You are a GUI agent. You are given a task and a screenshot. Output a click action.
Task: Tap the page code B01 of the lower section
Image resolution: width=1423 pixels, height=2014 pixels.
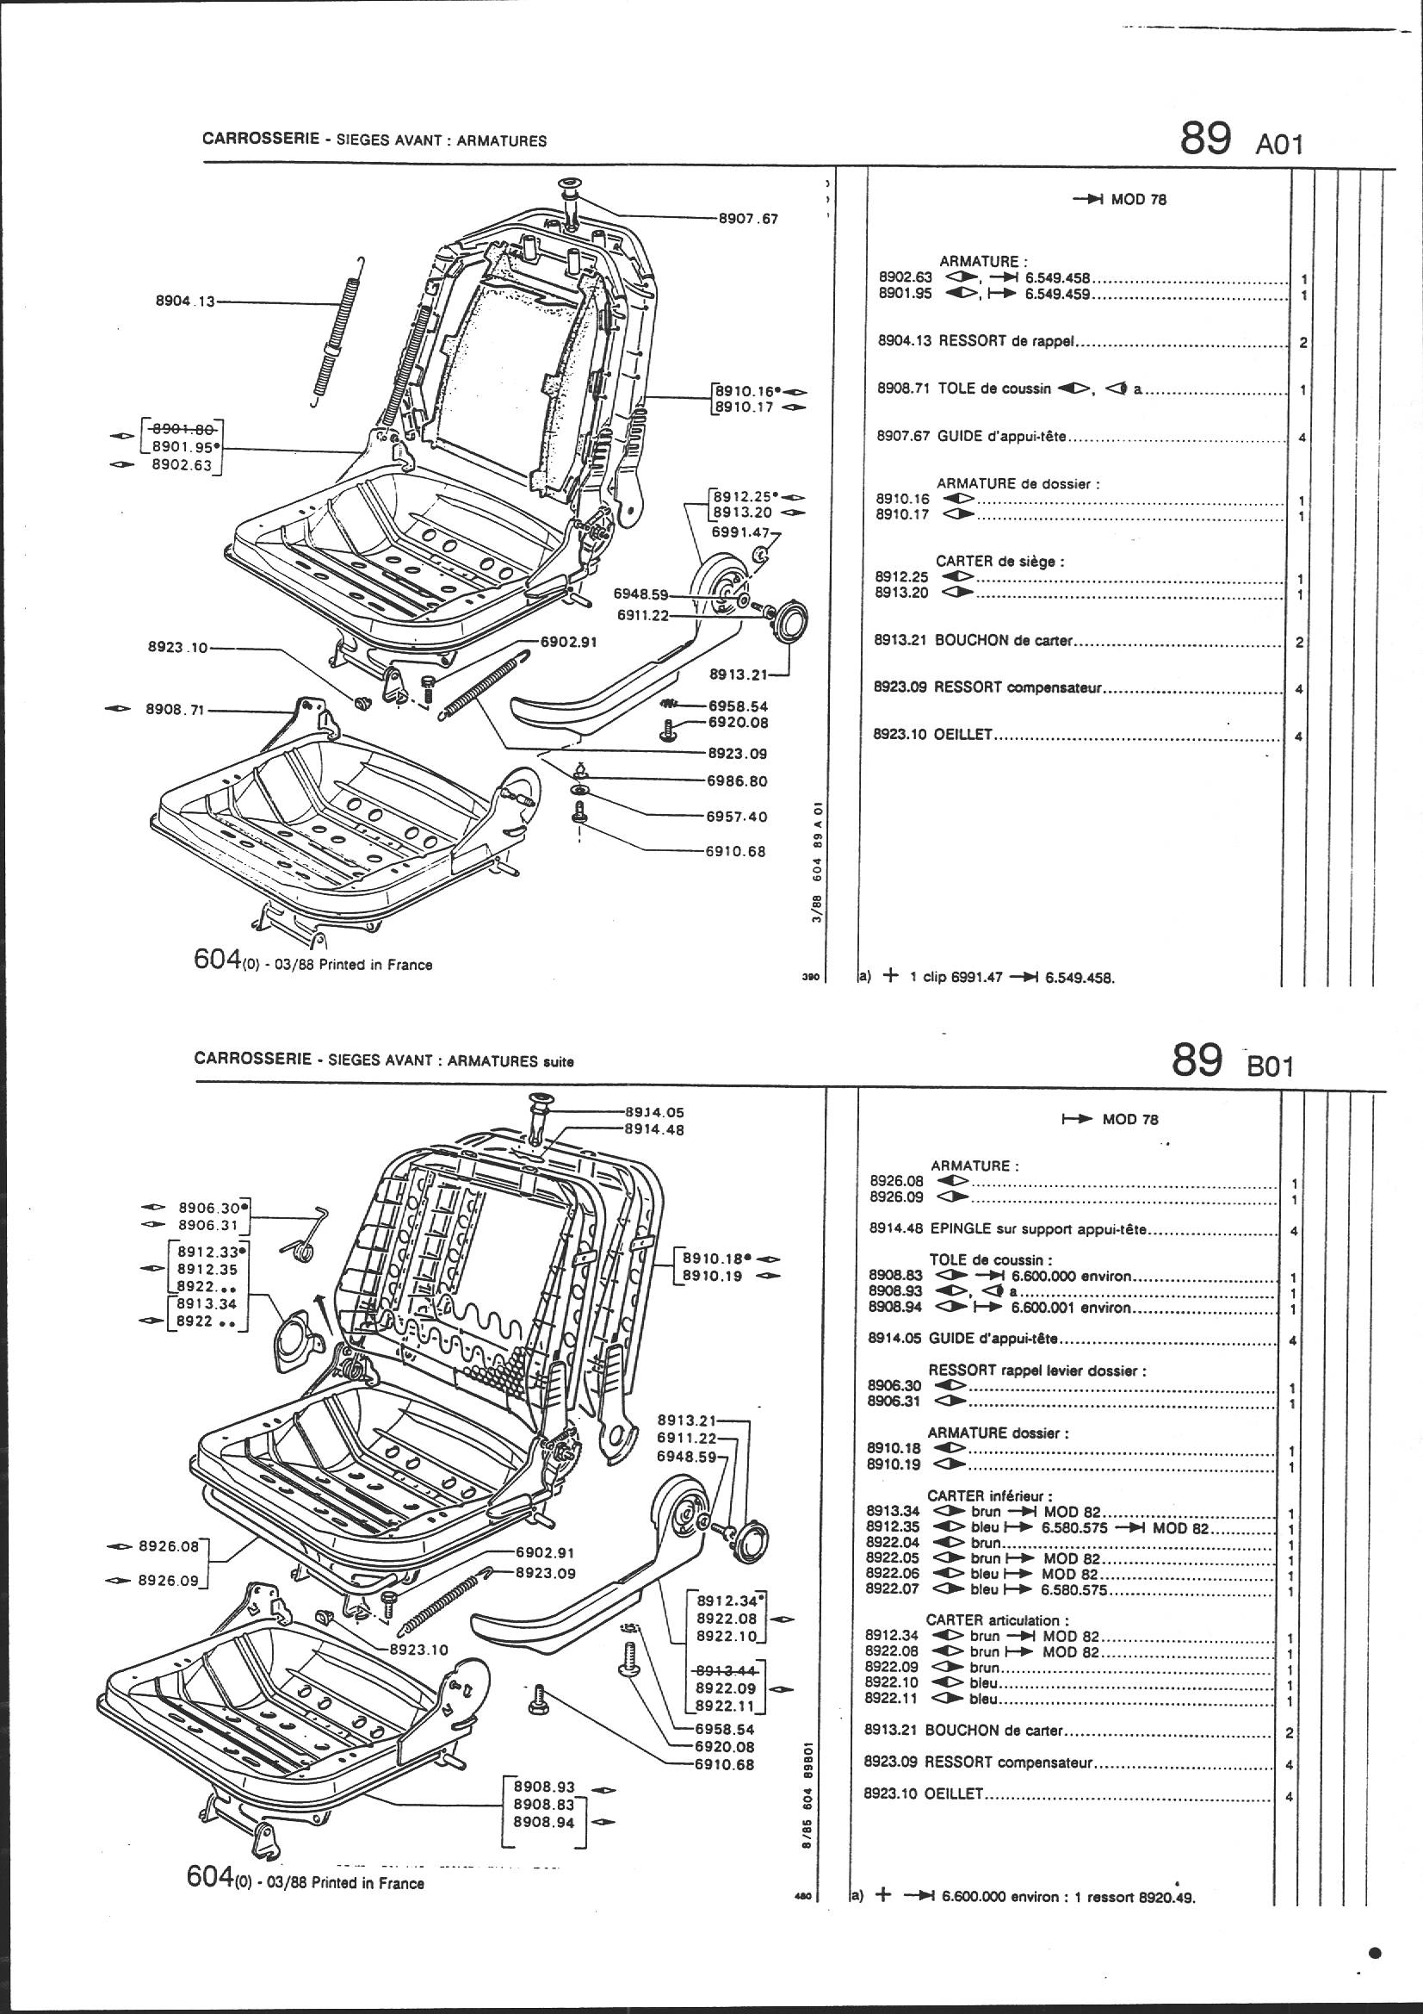point(1269,1066)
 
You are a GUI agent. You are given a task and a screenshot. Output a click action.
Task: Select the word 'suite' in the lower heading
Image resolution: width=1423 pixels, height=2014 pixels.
point(558,1061)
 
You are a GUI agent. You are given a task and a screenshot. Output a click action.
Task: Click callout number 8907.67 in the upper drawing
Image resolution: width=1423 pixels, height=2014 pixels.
point(748,219)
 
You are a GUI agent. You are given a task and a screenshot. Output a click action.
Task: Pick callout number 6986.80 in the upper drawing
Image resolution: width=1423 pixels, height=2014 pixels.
point(737,780)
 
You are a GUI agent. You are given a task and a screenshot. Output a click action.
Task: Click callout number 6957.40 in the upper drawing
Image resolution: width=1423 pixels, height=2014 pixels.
point(737,817)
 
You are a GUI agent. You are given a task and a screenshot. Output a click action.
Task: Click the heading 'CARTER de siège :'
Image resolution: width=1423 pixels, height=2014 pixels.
point(999,562)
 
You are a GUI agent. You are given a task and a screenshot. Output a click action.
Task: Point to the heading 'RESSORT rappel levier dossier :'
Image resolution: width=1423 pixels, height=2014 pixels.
point(1037,1371)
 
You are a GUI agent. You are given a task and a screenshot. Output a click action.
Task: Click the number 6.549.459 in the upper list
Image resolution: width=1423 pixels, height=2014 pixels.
point(1057,295)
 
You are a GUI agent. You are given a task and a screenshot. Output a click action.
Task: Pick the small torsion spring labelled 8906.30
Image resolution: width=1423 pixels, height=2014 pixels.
point(303,1244)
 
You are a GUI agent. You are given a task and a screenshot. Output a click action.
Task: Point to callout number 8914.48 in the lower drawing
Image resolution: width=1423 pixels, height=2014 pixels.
point(654,1130)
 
